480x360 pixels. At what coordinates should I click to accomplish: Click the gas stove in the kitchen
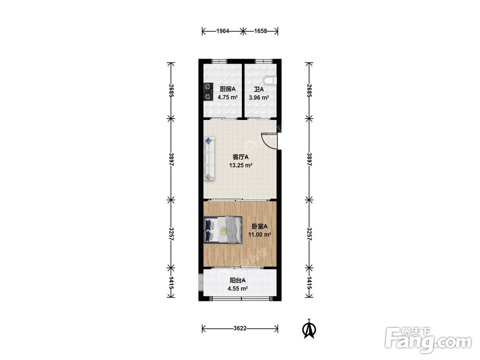[209, 92]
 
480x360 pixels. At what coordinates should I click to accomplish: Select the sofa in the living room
[210, 159]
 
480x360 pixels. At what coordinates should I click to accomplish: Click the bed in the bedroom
[223, 230]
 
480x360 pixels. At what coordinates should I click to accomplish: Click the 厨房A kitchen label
[228, 89]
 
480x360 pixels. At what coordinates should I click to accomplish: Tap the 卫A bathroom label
[259, 89]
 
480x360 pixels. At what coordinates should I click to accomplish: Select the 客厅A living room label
[240, 157]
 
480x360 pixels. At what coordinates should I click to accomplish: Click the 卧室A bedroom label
[260, 227]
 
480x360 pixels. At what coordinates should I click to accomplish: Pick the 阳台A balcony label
[238, 280]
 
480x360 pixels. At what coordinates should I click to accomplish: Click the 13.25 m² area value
[240, 165]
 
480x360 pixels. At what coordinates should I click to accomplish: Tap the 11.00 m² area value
[260, 235]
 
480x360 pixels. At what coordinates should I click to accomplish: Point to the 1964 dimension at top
[223, 31]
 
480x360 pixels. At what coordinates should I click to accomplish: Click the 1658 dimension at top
[261, 31]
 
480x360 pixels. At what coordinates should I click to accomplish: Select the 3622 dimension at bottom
[240, 328]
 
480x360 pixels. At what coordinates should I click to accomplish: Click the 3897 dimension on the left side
[171, 159]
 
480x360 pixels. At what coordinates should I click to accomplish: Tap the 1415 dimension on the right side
[310, 283]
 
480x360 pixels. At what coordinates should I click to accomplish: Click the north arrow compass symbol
[309, 329]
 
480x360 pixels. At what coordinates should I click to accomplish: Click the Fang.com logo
[428, 340]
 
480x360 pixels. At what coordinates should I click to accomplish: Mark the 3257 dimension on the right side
[310, 234]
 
